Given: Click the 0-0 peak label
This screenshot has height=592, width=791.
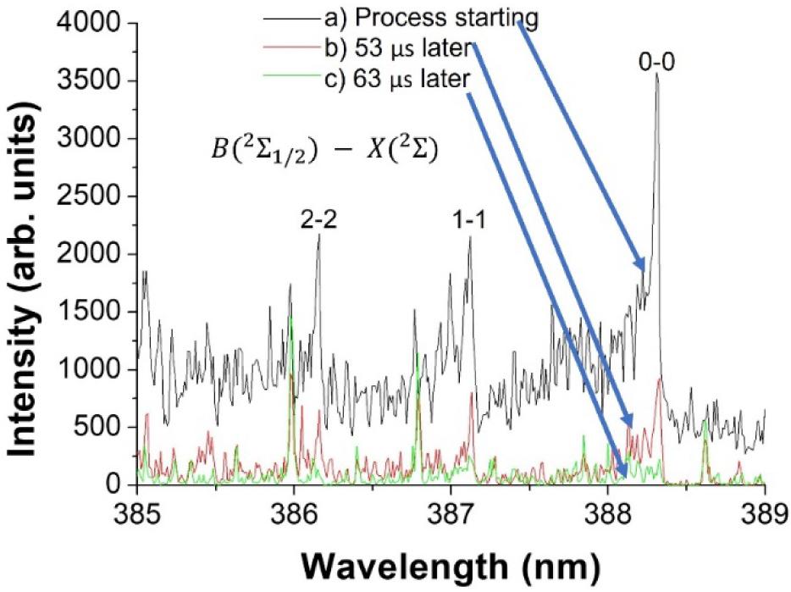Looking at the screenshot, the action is click(x=656, y=62).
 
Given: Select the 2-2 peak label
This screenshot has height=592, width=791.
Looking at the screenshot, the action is click(x=318, y=220).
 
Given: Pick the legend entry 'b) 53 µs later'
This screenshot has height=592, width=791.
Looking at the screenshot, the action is click(x=397, y=48).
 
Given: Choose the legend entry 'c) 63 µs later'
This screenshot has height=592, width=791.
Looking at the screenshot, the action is click(x=397, y=80).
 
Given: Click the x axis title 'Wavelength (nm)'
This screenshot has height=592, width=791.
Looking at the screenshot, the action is click(x=452, y=567).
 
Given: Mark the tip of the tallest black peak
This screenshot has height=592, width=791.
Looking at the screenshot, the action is click(x=657, y=74).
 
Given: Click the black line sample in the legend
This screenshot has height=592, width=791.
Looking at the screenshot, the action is click(x=292, y=19).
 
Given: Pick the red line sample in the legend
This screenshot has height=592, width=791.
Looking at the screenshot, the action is click(x=292, y=47).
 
